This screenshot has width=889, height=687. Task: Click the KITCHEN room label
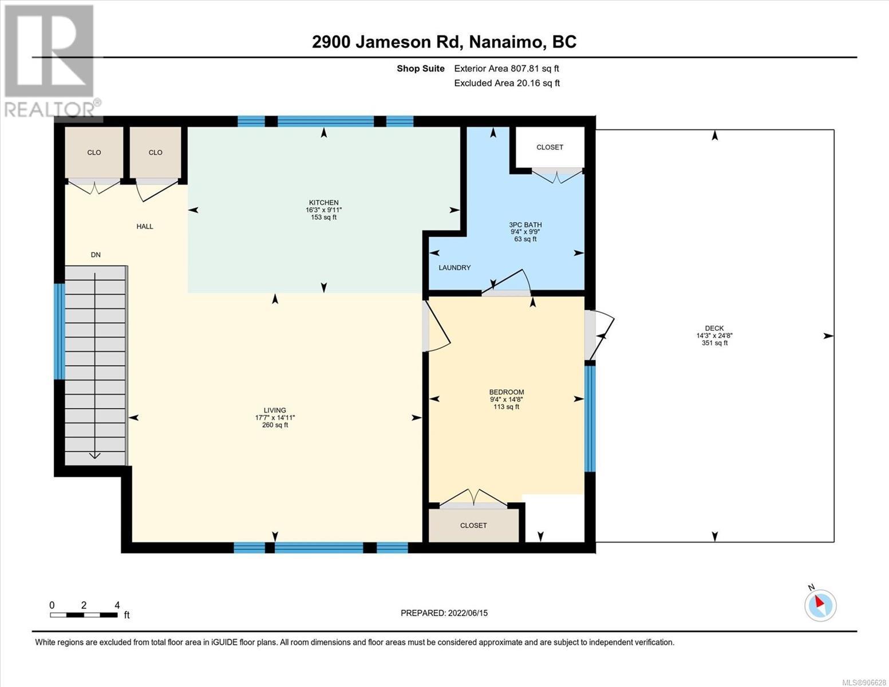(x=323, y=203)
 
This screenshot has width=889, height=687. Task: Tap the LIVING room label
(x=275, y=410)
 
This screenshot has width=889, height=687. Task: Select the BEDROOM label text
(x=507, y=392)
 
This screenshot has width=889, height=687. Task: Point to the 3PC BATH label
(x=526, y=224)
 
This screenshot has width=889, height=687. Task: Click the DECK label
(x=714, y=328)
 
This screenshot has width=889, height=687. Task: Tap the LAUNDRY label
(x=455, y=267)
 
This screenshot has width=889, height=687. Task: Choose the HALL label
(x=145, y=226)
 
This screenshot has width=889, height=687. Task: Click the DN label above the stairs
(x=96, y=255)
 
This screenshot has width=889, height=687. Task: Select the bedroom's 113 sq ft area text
(x=507, y=406)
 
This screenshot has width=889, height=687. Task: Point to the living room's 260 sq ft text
(x=275, y=425)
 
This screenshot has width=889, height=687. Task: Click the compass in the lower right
(x=820, y=605)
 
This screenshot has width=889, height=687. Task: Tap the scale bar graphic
(x=84, y=615)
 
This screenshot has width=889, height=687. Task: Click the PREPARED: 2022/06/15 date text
(x=444, y=613)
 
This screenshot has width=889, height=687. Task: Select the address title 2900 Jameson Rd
(x=387, y=42)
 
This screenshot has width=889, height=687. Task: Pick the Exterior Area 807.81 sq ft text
(x=507, y=69)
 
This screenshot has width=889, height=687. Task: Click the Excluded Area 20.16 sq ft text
(x=507, y=83)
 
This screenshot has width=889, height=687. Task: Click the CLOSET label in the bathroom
(x=550, y=147)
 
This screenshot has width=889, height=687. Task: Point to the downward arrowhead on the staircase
(x=95, y=455)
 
